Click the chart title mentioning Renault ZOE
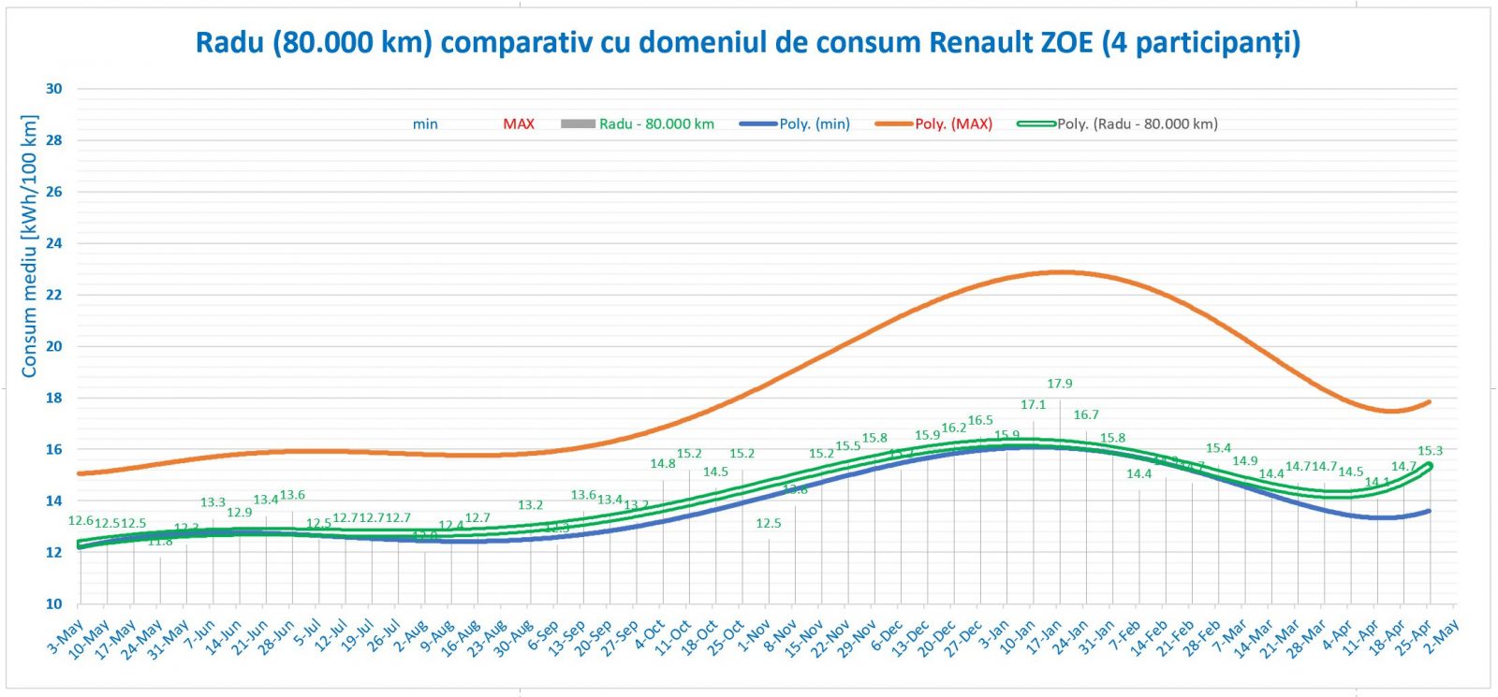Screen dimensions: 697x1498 (x=747, y=43)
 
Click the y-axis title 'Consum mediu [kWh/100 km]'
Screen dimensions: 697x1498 (x=29, y=247)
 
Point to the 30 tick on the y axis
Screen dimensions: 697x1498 (x=54, y=89)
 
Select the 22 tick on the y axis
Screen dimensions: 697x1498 (x=54, y=295)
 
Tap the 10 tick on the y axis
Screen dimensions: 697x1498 (x=54, y=603)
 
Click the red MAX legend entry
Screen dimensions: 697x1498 (x=519, y=123)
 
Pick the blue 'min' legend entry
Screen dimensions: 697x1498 (x=425, y=123)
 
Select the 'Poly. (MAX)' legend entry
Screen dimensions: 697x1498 (x=953, y=123)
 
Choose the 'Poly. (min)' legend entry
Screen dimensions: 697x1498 (x=814, y=123)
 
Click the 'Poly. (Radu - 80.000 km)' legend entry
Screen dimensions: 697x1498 (x=1137, y=123)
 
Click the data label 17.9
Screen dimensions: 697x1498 (x=1060, y=384)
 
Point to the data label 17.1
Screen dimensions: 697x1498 (x=1033, y=405)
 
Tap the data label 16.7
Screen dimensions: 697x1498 (x=1086, y=414)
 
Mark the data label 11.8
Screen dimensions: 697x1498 (x=160, y=542)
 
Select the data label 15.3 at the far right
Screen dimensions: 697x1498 (x=1430, y=451)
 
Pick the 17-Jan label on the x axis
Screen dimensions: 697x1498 (x=1045, y=636)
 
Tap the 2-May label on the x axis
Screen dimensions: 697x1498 (x=1443, y=633)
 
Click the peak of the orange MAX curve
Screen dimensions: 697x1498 (x=1059, y=272)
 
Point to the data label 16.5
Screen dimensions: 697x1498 (x=980, y=421)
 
